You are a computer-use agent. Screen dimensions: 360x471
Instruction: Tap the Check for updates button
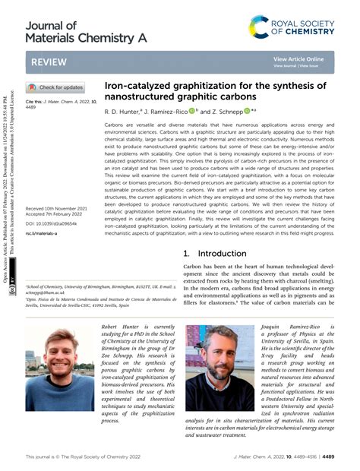56,87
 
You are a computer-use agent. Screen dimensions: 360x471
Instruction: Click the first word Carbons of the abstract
115,123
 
